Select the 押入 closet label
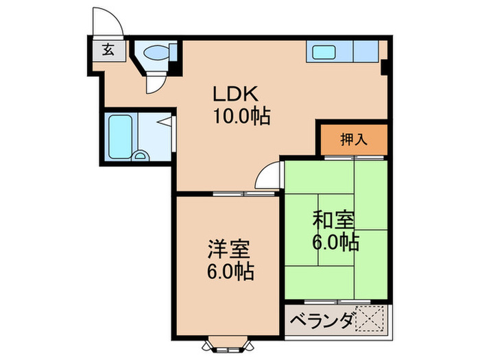pos(354,139)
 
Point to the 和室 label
pos(334,221)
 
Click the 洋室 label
pos(228,248)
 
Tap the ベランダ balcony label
pos(322,320)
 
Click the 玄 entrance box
pos(108,49)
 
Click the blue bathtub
pos(119,137)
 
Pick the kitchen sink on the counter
pos(320,51)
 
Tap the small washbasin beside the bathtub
pos(141,155)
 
